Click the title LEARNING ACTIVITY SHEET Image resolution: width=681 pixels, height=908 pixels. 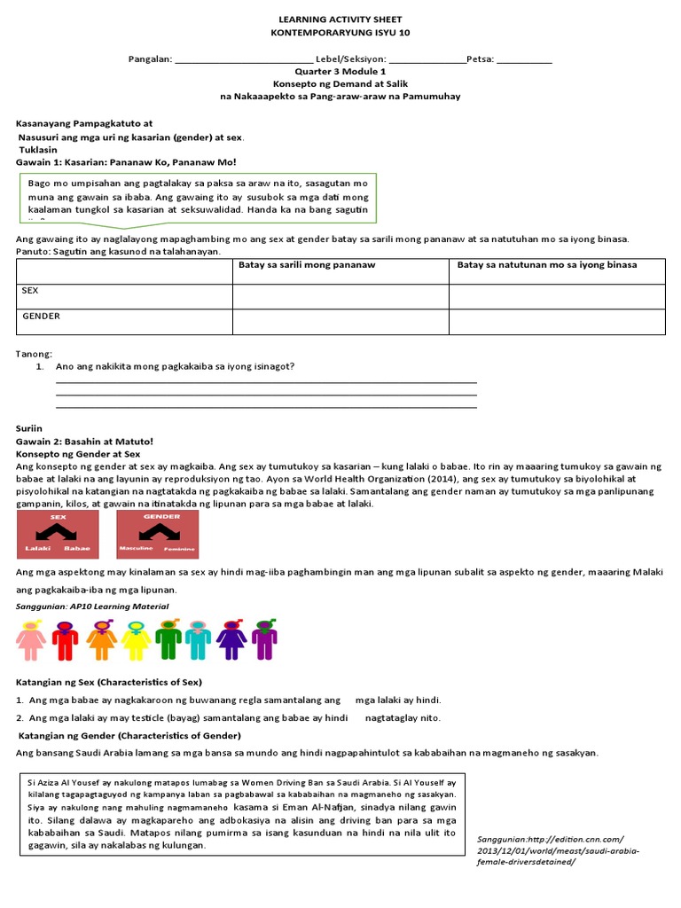[340, 19]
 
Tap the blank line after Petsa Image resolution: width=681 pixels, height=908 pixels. [524, 60]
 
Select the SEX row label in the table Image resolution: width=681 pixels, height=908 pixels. [31, 291]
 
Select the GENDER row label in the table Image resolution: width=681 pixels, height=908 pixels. [41, 316]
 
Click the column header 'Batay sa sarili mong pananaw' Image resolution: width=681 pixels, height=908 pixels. [307, 265]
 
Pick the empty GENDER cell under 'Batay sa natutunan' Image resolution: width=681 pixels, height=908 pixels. [557, 321]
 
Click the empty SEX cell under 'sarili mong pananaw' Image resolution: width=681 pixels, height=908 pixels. [340, 296]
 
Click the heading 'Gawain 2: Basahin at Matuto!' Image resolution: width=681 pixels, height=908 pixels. [85, 441]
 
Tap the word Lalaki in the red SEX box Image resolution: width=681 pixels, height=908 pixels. [36, 548]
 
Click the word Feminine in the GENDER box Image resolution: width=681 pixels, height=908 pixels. [180, 549]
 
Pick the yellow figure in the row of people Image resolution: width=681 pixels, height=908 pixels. [137, 640]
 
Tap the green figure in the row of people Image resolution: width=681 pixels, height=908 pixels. [168, 640]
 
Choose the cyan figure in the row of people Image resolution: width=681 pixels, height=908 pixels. [199, 640]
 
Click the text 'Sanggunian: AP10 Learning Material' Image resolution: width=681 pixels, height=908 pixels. [92, 607]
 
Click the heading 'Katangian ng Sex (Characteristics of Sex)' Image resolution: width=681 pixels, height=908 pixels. [109, 682]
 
